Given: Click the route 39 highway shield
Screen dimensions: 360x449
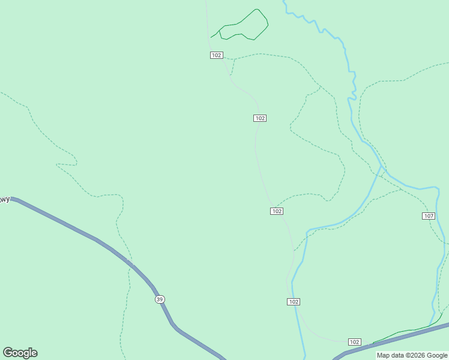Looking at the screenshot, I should [159, 299].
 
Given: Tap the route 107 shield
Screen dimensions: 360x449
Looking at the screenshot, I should [429, 216].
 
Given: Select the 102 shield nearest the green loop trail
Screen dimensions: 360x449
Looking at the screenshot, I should [217, 55].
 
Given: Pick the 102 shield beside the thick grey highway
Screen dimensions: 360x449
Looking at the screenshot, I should [354, 342].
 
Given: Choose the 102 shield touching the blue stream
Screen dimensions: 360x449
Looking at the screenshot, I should [294, 302].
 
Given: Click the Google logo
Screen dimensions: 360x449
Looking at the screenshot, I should [20, 353].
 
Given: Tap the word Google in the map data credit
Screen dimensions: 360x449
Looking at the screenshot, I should [435, 356].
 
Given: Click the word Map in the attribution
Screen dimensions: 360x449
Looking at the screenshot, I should [383, 356].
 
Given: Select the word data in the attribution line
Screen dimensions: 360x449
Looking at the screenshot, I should [397, 356].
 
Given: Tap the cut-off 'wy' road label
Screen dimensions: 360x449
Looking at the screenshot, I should [5, 200].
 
